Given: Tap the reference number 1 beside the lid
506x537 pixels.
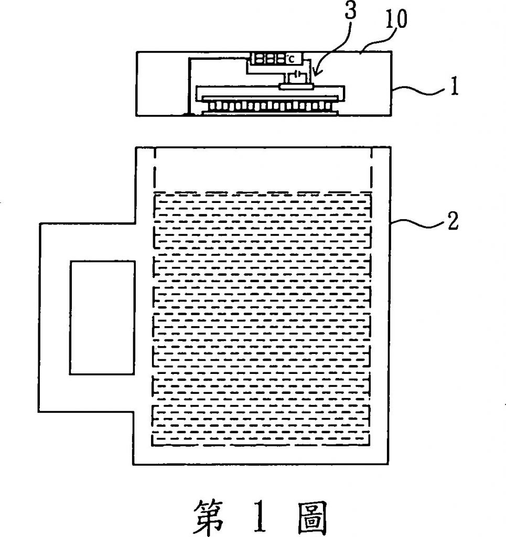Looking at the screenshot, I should tap(454, 87).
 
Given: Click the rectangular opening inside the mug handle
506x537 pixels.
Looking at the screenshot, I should tap(102, 317).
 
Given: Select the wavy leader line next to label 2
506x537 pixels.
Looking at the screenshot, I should tap(417, 225).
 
